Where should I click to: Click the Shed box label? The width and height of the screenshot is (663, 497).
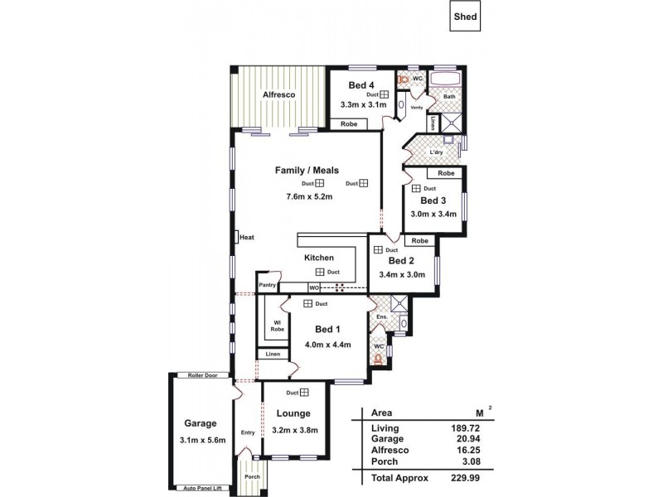pos(465,16)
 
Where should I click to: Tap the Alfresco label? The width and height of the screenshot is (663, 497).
pos(279,95)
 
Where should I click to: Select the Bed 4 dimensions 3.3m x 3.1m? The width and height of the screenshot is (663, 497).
pos(362,105)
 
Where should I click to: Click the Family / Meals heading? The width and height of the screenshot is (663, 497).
pos(307,170)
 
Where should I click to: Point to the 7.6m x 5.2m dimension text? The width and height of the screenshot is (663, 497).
pos(309,197)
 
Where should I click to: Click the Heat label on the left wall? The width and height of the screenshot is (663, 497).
pos(246,238)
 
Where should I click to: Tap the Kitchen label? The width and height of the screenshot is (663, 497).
pos(318,258)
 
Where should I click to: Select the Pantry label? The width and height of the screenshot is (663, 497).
pos(267,285)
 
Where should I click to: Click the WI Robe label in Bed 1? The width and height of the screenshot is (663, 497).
pos(277,326)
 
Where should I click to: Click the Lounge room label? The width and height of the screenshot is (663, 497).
pos(293,413)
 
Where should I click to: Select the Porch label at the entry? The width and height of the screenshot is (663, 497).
pos(251,476)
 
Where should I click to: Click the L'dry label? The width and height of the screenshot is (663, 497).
pos(436,153)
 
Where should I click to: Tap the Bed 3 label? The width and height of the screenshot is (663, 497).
pos(433,200)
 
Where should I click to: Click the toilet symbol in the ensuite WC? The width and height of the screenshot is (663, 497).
pos(378,359)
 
